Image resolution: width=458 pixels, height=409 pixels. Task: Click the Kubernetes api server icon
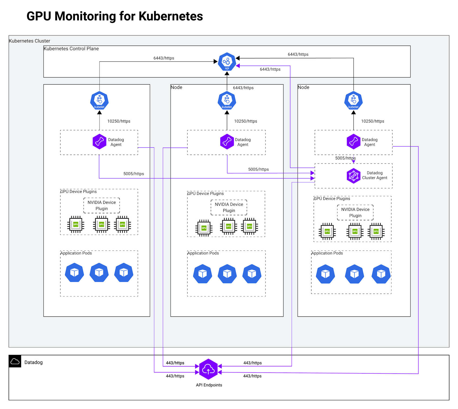(227, 62)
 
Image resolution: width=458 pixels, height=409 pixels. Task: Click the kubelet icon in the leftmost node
(99, 100)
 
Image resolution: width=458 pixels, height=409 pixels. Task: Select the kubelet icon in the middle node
(227, 100)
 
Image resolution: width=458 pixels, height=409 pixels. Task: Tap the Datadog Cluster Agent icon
(353, 176)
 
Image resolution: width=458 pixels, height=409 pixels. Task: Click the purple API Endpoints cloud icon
(208, 369)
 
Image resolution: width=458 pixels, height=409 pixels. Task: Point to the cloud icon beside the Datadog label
(15, 361)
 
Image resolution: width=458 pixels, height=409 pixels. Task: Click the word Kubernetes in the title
(171, 16)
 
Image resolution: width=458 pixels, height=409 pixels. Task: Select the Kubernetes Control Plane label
(71, 49)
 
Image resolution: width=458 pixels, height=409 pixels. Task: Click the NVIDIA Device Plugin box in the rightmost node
(355, 212)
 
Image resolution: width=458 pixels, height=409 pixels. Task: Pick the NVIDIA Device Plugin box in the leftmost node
(102, 205)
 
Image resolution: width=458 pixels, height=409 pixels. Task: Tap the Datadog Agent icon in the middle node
(227, 142)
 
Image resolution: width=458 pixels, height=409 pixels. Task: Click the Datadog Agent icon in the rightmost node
(353, 142)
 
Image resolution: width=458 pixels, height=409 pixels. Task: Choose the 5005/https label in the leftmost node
(134, 174)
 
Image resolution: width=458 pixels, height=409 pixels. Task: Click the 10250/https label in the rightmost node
(373, 121)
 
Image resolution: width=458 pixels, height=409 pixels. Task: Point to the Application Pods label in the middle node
(203, 253)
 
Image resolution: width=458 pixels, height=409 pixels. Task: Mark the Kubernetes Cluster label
(29, 41)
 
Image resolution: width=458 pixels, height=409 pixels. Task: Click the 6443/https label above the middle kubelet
(243, 88)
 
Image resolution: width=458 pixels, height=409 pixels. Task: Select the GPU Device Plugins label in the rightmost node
(332, 198)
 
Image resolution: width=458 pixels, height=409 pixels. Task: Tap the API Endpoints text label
(209, 385)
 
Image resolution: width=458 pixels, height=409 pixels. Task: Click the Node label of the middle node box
(177, 87)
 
